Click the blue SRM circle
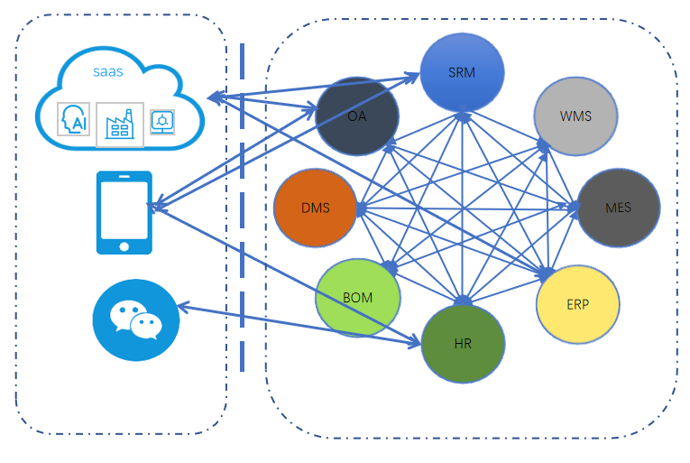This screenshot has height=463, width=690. [461, 72]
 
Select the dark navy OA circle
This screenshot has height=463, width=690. [357, 117]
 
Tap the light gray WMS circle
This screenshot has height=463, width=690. [575, 116]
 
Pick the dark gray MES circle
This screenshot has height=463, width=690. [618, 207]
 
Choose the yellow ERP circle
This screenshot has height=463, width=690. [578, 303]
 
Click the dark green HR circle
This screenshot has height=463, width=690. [463, 344]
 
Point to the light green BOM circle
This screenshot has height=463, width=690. [357, 298]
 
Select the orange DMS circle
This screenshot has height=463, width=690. [315, 208]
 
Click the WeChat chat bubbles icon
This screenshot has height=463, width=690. [136, 320]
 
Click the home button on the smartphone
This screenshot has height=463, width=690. [124, 245]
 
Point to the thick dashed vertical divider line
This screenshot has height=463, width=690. [242, 208]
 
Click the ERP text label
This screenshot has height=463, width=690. [578, 304]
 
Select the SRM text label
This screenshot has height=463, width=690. [461, 72]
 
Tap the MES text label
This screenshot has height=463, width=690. [618, 208]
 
